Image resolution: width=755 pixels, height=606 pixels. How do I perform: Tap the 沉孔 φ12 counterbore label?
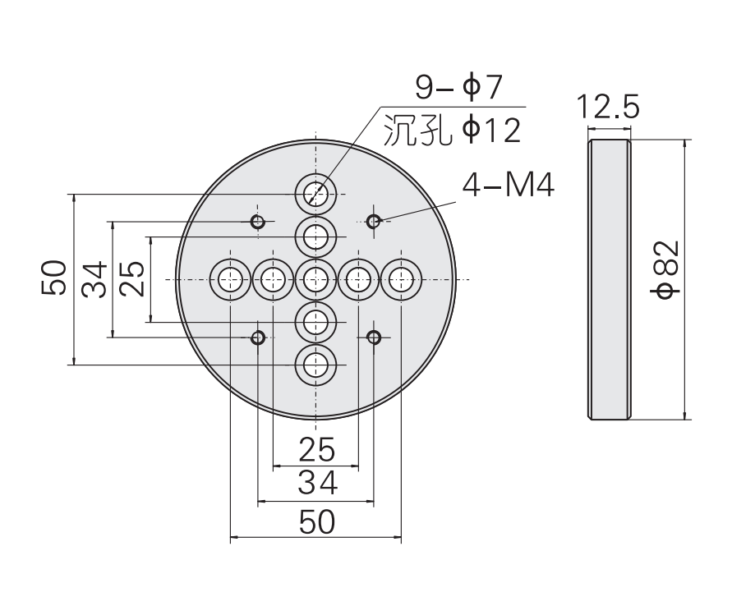tap(452, 130)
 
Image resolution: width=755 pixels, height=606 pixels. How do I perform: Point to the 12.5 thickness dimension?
tap(607, 108)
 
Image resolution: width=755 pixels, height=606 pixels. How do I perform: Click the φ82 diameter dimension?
tap(665, 269)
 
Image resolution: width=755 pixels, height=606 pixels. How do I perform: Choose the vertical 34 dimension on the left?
tap(95, 279)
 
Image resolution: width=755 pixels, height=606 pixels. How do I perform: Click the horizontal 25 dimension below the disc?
tap(316, 449)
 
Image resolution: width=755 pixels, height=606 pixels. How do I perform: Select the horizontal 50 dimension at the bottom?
tap(316, 522)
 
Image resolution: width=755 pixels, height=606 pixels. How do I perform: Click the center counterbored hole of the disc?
tap(315, 279)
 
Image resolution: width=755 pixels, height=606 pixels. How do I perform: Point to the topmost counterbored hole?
tap(315, 194)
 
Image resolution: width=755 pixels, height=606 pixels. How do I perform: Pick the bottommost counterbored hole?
tap(315, 365)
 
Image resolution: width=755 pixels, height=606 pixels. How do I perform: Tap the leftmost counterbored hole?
tap(230, 279)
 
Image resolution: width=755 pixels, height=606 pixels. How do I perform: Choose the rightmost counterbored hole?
tap(401, 279)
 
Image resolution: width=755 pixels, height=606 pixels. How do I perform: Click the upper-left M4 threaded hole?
tap(258, 221)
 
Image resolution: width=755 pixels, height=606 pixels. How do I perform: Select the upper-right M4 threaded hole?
tap(374, 221)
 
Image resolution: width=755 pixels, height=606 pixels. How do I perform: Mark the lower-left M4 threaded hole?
tap(258, 337)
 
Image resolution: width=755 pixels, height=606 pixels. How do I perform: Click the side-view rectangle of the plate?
tap(609, 279)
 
